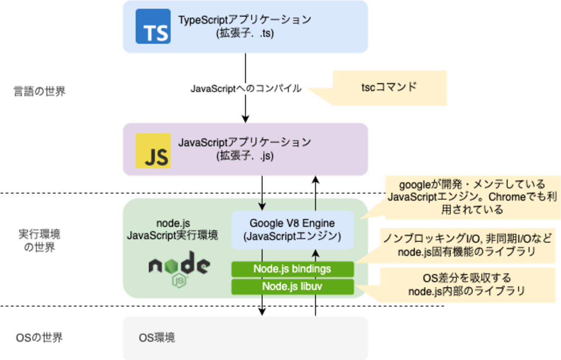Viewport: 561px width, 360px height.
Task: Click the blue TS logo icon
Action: point(153,27)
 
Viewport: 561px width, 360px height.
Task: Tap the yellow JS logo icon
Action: point(153,151)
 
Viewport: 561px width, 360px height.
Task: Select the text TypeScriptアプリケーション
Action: point(245,20)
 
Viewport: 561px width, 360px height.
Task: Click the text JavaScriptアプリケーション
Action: point(245,142)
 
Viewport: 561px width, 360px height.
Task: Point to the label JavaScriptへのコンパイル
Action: point(246,88)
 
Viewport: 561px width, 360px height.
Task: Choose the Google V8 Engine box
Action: point(293,230)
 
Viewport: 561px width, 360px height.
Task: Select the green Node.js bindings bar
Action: point(292,269)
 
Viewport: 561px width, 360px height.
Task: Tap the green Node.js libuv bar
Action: point(292,286)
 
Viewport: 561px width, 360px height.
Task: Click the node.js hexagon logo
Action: point(180,268)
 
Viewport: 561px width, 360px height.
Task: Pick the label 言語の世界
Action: point(39,92)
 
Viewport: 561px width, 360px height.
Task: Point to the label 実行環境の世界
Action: point(39,241)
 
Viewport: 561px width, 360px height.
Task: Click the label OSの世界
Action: point(39,337)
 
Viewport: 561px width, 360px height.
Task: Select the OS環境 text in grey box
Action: point(157,337)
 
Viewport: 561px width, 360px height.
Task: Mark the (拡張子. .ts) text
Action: point(245,34)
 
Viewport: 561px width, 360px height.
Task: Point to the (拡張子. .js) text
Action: point(245,156)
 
